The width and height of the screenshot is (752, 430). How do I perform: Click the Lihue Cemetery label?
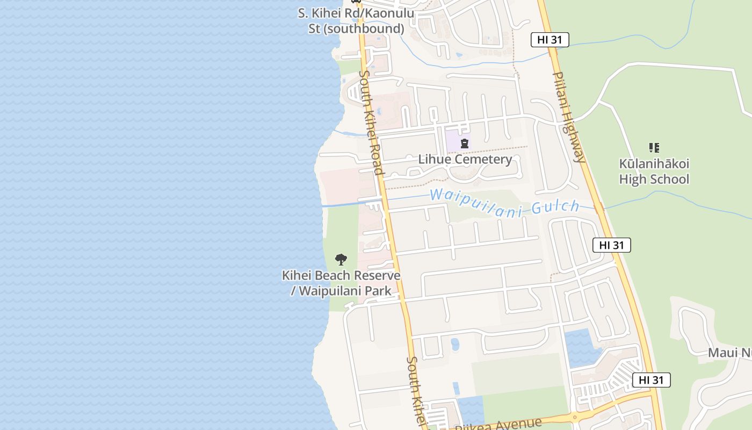pyautogui.click(x=465, y=159)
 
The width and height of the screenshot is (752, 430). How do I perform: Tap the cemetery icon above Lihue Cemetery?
pyautogui.click(x=465, y=144)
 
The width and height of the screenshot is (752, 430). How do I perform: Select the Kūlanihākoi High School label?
pyautogui.click(x=654, y=171)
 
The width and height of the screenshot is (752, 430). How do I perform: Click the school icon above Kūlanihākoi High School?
pyautogui.click(x=654, y=147)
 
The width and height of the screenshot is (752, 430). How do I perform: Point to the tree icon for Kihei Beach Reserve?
pyautogui.click(x=341, y=260)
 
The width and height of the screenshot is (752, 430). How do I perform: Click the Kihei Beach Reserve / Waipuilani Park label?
pyautogui.click(x=341, y=283)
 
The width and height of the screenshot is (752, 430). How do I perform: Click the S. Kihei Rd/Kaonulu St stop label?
pyautogui.click(x=356, y=20)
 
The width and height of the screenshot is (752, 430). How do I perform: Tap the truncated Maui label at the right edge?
pyautogui.click(x=729, y=353)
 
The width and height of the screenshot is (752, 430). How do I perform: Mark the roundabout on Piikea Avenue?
pyautogui.click(x=574, y=417)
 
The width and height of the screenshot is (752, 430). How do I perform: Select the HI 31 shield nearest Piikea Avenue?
pyautogui.click(x=651, y=380)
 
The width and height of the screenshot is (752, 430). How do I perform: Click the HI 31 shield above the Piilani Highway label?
pyautogui.click(x=549, y=39)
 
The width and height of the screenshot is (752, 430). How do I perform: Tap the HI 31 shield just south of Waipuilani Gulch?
pyautogui.click(x=611, y=245)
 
